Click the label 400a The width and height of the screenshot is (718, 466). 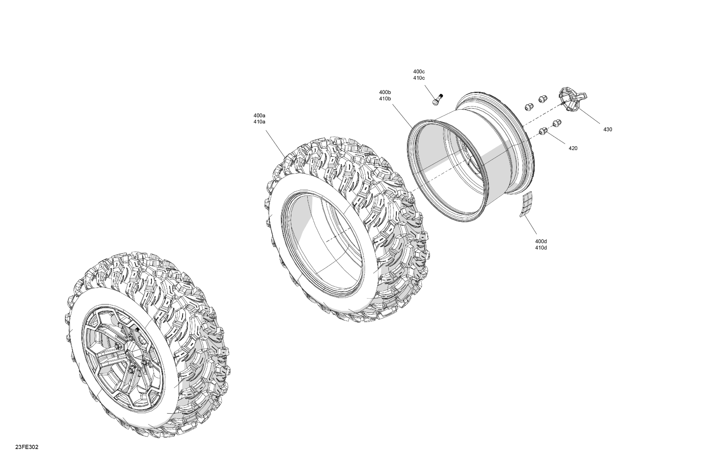click(x=259, y=115)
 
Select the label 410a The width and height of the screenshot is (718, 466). click(x=259, y=122)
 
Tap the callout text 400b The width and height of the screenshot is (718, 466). click(x=385, y=92)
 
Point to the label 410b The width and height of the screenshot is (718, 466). click(x=385, y=98)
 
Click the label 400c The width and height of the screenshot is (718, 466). click(x=419, y=72)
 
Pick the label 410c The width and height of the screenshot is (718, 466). click(x=419, y=78)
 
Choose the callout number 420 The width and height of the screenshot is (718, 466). click(x=573, y=148)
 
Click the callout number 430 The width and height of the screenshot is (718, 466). click(x=608, y=130)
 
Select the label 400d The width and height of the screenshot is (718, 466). click(x=541, y=241)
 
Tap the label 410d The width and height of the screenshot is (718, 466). click(x=541, y=248)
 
